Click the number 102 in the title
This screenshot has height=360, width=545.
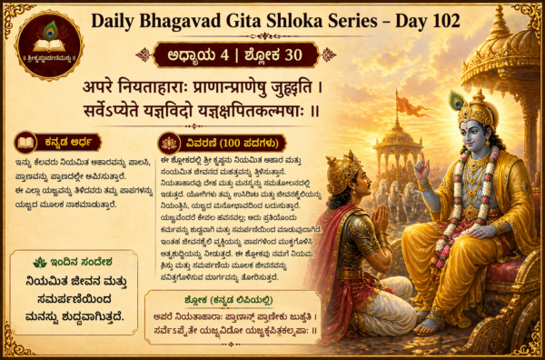(438, 21)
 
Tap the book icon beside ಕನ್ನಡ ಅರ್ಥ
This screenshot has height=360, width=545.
(26, 143)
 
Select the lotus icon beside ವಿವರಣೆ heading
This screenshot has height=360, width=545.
(168, 143)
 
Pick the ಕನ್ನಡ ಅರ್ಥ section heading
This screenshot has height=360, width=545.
(68, 143)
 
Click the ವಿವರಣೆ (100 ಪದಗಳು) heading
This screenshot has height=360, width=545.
(231, 143)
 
